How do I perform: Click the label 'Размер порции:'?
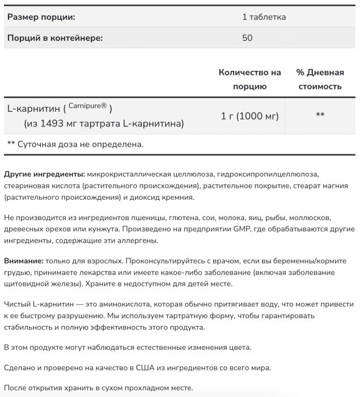41,17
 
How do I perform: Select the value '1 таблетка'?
264,17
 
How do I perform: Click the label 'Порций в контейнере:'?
54,39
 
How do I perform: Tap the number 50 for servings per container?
247,39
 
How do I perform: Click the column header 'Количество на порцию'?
249,79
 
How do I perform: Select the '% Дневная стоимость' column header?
320,79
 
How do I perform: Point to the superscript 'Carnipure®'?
88,105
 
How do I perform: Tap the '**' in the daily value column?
320,115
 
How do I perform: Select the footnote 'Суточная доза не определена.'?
80,144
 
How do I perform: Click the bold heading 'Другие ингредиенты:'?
44,174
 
